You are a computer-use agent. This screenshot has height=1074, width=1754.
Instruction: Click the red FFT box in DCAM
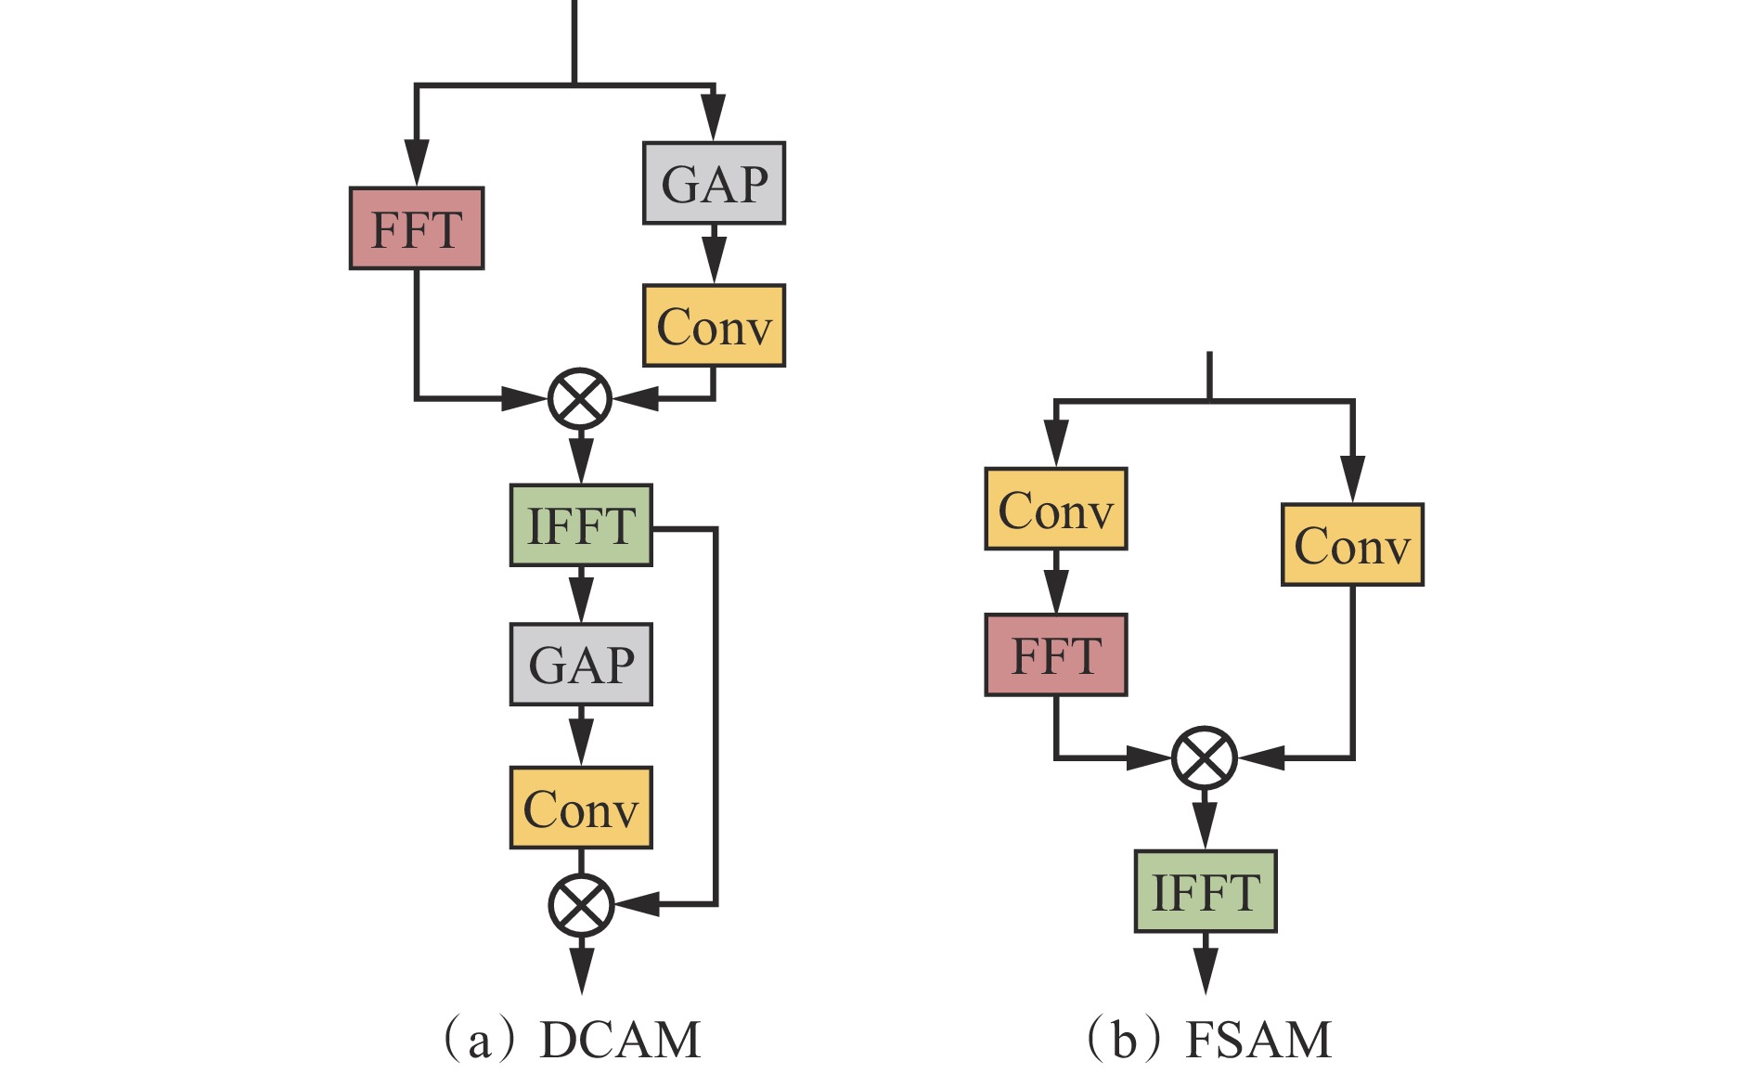pyautogui.click(x=417, y=228)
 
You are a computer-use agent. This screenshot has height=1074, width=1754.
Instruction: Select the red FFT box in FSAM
pyautogui.click(x=1055, y=654)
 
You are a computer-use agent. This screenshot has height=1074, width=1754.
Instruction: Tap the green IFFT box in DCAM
pyautogui.click(x=581, y=525)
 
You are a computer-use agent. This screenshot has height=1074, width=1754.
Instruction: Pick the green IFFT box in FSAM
pyautogui.click(x=1206, y=891)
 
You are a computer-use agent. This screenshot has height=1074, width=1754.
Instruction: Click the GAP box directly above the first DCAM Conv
pyautogui.click(x=714, y=183)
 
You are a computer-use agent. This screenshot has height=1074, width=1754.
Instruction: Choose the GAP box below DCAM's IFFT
pyautogui.click(x=581, y=665)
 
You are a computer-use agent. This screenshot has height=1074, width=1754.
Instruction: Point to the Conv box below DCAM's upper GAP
pyautogui.click(x=714, y=326)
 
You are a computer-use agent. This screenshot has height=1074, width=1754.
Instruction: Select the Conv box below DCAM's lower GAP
pyautogui.click(x=581, y=808)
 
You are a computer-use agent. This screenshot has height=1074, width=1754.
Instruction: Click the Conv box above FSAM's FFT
pyautogui.click(x=1055, y=509)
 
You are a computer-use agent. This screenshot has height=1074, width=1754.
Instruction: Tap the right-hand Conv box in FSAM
pyautogui.click(x=1352, y=545)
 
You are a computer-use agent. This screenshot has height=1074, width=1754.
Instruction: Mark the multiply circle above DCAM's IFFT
pyautogui.click(x=580, y=399)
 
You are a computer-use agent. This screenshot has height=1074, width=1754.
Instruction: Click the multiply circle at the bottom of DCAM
pyautogui.click(x=581, y=904)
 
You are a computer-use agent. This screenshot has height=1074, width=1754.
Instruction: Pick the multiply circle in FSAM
pyautogui.click(x=1205, y=758)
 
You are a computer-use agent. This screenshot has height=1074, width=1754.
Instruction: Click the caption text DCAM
pyautogui.click(x=620, y=1040)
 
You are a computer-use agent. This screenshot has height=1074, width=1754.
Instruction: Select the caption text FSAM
pyautogui.click(x=1258, y=1040)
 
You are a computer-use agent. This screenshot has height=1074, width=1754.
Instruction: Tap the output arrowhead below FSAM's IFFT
pyautogui.click(x=1206, y=973)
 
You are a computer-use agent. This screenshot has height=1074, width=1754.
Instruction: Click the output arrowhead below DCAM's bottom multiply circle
pyautogui.click(x=581, y=973)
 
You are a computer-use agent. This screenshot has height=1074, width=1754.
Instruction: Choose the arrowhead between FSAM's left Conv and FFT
pyautogui.click(x=1055, y=591)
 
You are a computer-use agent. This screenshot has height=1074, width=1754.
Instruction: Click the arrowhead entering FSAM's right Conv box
pyautogui.click(x=1352, y=481)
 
